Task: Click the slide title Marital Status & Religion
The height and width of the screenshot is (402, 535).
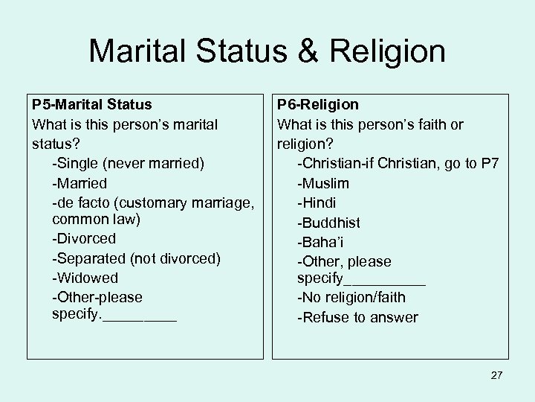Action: click(x=267, y=51)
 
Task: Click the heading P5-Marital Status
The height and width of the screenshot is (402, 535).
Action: click(x=91, y=105)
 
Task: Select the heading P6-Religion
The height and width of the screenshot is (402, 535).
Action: click(x=318, y=105)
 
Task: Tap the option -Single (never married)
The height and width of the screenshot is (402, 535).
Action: click(x=129, y=162)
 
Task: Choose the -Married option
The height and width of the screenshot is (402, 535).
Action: click(x=80, y=183)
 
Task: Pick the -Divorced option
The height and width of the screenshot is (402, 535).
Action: click(x=84, y=239)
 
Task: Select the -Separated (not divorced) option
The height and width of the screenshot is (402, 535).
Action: click(x=137, y=258)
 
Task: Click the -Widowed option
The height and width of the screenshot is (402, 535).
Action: click(x=85, y=278)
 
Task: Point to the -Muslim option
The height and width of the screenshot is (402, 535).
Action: click(x=323, y=183)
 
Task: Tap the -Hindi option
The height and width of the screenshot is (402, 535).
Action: click(x=317, y=202)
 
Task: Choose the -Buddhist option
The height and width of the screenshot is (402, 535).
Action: click(x=328, y=223)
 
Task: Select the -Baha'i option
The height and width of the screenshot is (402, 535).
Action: click(x=320, y=242)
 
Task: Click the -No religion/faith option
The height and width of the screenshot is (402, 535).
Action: click(x=351, y=298)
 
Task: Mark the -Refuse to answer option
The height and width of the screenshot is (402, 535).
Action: click(x=357, y=318)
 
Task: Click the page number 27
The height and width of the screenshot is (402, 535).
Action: click(x=496, y=375)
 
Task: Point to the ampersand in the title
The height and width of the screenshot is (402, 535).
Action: click(x=306, y=52)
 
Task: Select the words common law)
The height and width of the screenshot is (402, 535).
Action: click(x=97, y=220)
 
